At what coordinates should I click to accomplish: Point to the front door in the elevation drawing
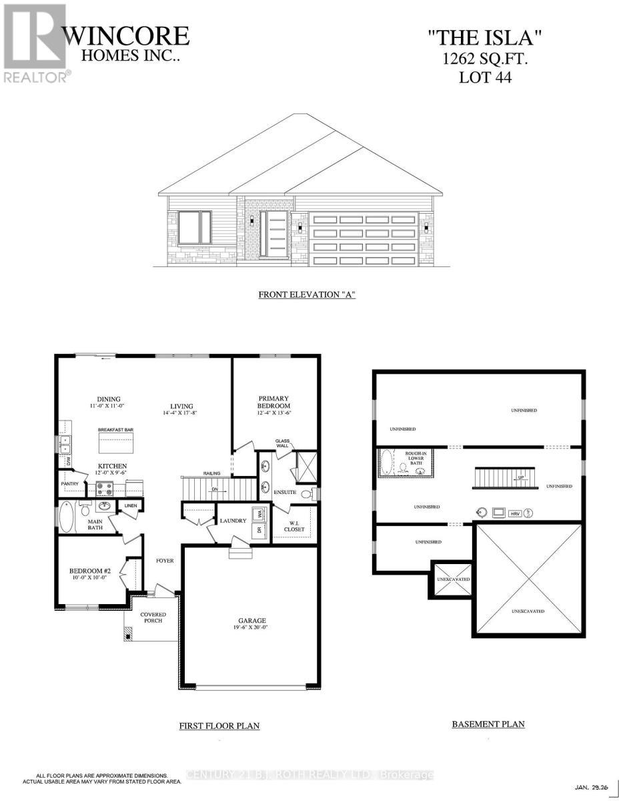[x=273, y=234]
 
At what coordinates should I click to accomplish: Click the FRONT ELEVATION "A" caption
[x=307, y=294]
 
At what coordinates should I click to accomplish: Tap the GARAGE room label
[x=247, y=621]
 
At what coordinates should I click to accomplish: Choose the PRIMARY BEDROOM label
[x=274, y=402]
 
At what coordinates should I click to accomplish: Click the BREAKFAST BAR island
[x=116, y=442]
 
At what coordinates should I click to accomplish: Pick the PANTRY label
[x=69, y=483]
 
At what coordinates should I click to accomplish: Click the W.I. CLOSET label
[x=294, y=525]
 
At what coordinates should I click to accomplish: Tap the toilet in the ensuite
[x=306, y=495]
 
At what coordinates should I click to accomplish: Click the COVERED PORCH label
[x=153, y=617]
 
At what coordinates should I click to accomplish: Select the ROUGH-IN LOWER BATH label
[x=415, y=459]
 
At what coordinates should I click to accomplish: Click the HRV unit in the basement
[x=514, y=513]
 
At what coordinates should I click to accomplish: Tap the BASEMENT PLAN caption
[x=488, y=724]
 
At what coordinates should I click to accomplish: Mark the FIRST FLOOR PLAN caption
[x=219, y=726]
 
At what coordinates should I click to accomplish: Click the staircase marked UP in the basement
[x=506, y=478]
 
